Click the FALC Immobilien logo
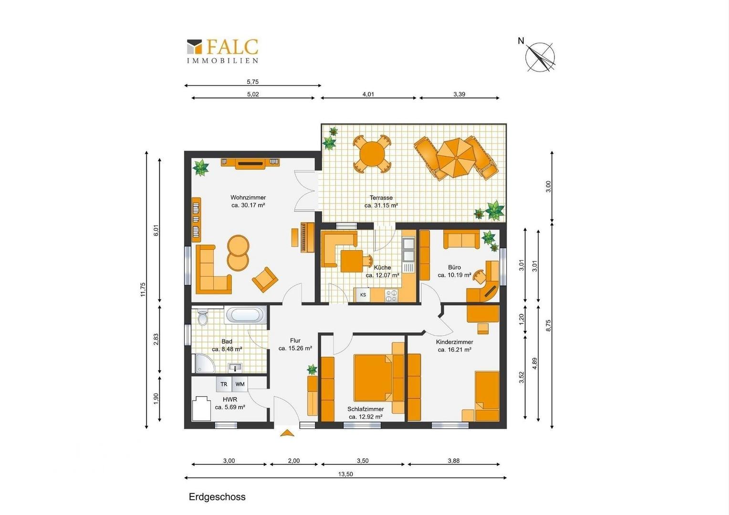(x=223, y=51)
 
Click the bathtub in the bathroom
(x=246, y=315)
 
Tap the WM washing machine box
(x=240, y=384)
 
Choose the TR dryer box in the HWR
(x=224, y=384)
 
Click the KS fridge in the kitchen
(x=363, y=295)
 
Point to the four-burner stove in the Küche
(x=392, y=296)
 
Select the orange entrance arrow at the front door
(x=287, y=433)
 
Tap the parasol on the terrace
(x=456, y=158)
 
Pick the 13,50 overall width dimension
(x=345, y=474)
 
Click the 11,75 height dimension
(x=143, y=289)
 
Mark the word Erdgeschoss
(x=217, y=497)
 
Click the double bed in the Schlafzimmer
(x=373, y=378)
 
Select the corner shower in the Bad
(x=205, y=363)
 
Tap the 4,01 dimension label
(x=368, y=94)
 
